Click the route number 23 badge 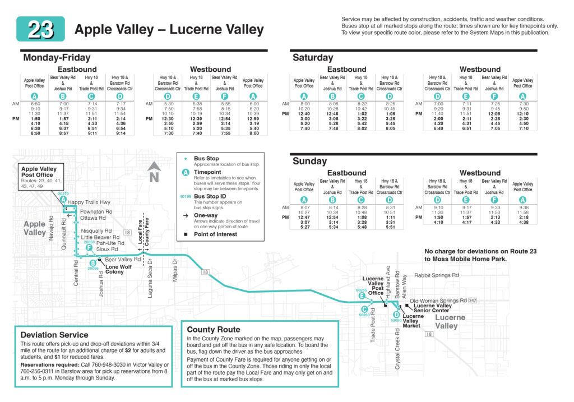pyautogui.click(x=40, y=29)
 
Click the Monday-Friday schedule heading pyautogui.click(x=57, y=57)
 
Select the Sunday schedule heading pyautogui.click(x=309, y=161)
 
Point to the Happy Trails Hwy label pyautogui.click(x=89, y=202)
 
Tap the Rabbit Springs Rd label pyautogui.click(x=436, y=275)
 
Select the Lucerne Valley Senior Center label pyautogui.click(x=432, y=308)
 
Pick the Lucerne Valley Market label pyautogui.click(x=411, y=321)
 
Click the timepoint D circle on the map pyautogui.click(x=396, y=315)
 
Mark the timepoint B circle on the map pyautogui.click(x=93, y=264)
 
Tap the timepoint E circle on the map pyautogui.click(x=362, y=295)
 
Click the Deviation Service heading pyautogui.click(x=54, y=335)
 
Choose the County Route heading pyautogui.click(x=213, y=330)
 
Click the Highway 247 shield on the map pyautogui.click(x=473, y=301)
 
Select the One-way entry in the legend pyautogui.click(x=205, y=215)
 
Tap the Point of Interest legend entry pyautogui.click(x=216, y=234)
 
